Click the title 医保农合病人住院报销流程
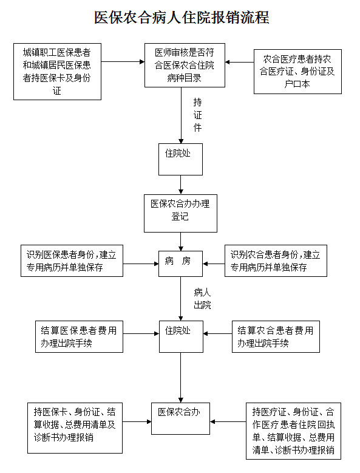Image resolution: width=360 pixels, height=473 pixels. tap(182, 17)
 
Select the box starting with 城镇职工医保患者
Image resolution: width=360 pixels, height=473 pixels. tap(57, 72)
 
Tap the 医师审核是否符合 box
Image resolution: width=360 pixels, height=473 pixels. tap(185, 65)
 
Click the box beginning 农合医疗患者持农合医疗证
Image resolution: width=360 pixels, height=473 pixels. tap(297, 72)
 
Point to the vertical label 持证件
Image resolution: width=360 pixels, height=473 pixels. tap(197, 115)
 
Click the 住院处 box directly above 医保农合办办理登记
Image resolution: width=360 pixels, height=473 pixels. tap(180, 159)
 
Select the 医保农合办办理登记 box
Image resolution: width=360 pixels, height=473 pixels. tap(180, 213)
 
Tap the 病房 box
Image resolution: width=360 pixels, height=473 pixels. tap(180, 264)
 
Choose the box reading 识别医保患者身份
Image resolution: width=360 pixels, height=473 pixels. tap(72, 260)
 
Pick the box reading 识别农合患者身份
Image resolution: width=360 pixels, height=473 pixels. tap(276, 260)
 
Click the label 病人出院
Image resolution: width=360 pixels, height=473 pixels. tap(202, 299)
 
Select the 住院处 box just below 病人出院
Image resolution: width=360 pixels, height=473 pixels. tap(181, 336)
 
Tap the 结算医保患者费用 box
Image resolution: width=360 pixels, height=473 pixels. tap(79, 336)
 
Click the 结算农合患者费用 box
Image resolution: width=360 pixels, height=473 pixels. tap(276, 336)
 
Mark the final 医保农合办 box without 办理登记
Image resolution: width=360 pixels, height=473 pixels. tap(180, 418)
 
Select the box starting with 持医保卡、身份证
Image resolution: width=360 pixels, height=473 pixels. tap(75, 427)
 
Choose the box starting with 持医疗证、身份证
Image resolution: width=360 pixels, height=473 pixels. tap(293, 430)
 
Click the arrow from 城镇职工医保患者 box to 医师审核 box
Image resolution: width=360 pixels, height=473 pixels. tap(123, 62)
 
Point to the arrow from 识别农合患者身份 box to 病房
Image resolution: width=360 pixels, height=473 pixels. tap(214, 264)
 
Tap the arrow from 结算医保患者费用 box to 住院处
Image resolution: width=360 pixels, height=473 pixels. tap(141, 333)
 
